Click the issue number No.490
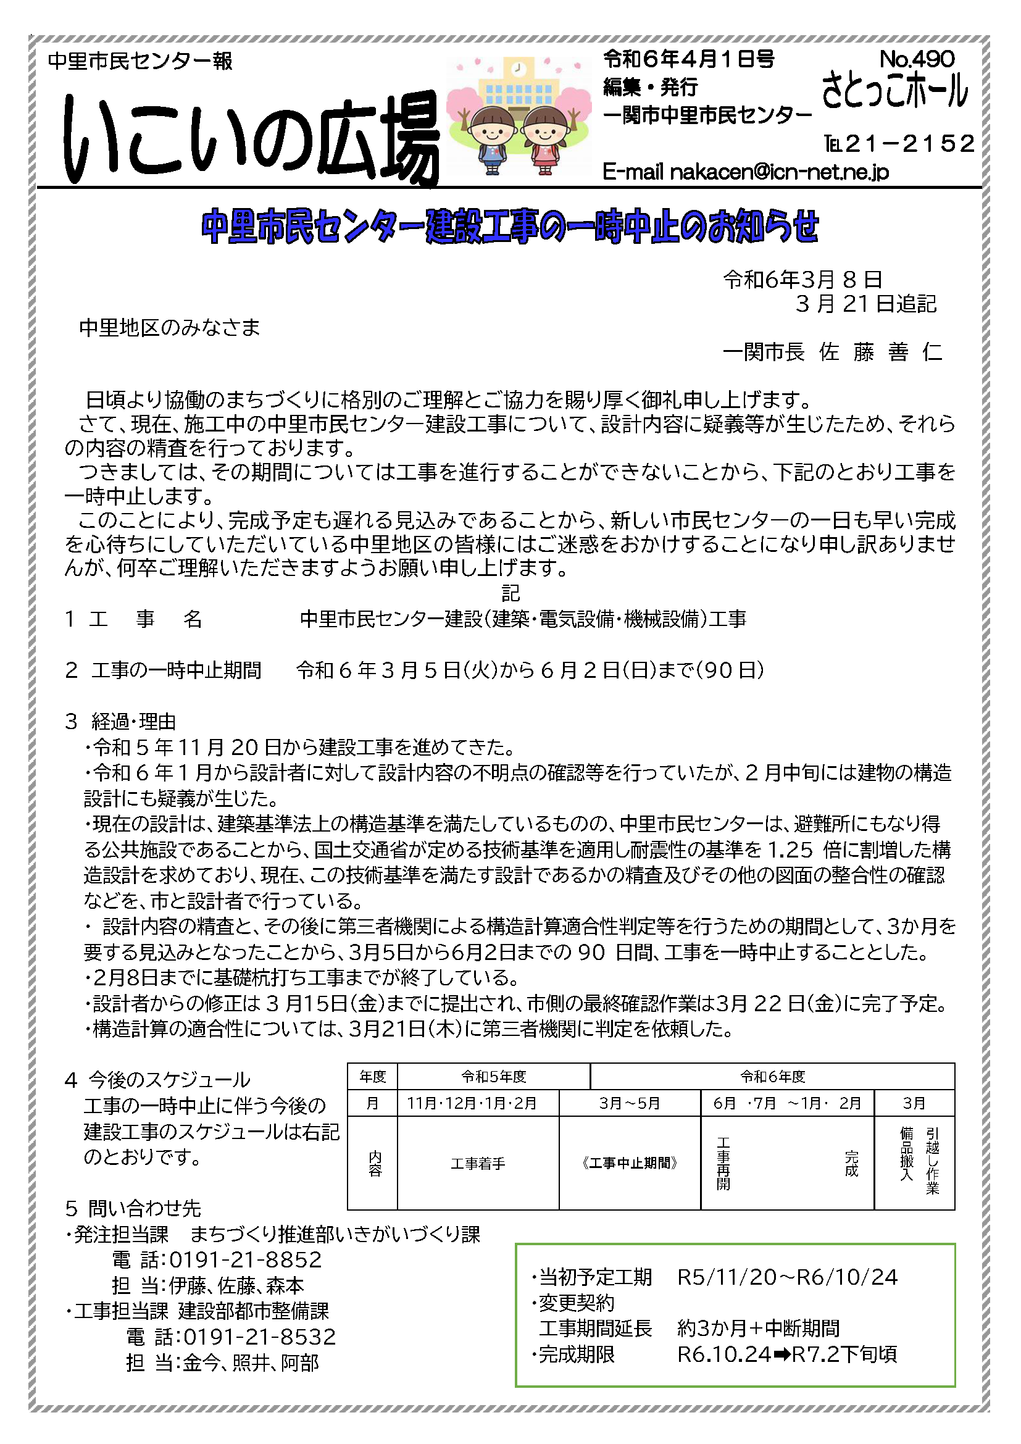[917, 59]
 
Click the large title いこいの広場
[251, 138]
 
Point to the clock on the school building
[518, 67]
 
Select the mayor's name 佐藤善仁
[881, 351]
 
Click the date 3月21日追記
[865, 304]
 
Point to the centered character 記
[510, 593]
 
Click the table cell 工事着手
[478, 1164]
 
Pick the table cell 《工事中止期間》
[629, 1164]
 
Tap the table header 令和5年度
[494, 1077]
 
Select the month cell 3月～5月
[629, 1103]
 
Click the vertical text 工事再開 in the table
[723, 1164]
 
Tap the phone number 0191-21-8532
[260, 1337]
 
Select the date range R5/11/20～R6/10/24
[787, 1277]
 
